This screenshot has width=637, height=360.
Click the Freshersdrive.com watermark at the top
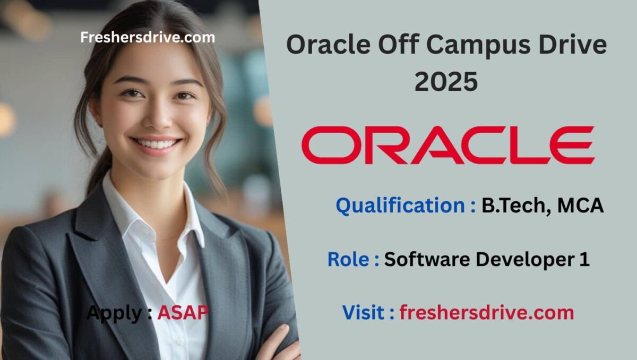click(x=148, y=37)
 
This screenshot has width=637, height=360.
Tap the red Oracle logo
click(x=447, y=145)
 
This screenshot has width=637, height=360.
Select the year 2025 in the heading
click(x=446, y=82)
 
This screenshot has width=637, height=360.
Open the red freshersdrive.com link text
click(x=487, y=312)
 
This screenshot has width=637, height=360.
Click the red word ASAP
click(x=183, y=313)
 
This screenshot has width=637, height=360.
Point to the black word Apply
click(x=114, y=313)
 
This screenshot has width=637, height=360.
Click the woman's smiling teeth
click(x=157, y=144)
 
